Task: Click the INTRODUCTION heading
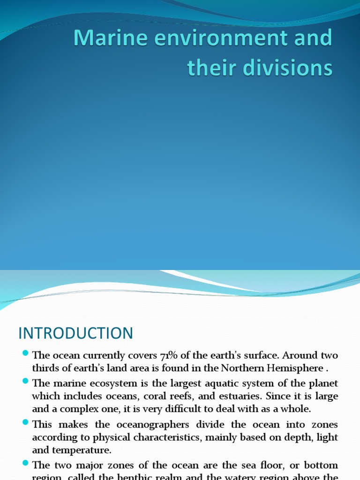(x=75, y=333)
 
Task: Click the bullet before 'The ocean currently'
(x=25, y=353)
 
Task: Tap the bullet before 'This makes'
(x=25, y=423)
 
